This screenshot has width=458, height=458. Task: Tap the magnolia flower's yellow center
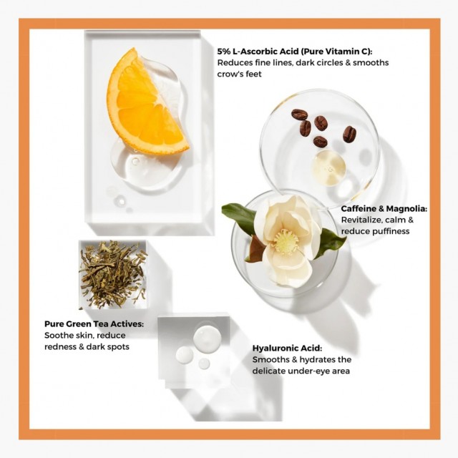[286, 241]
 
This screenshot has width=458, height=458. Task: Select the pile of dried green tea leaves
[113, 274]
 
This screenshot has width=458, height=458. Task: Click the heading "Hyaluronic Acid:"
[287, 349]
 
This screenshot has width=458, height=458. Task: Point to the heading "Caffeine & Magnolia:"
[384, 208]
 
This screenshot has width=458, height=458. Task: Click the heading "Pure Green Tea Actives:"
[94, 324]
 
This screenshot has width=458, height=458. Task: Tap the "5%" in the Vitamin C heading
[224, 52]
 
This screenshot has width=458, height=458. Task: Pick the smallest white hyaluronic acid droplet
[204, 364]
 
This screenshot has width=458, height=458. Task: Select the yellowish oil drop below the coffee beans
[328, 167]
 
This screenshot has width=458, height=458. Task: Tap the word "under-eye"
[311, 371]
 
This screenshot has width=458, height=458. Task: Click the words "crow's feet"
[239, 74]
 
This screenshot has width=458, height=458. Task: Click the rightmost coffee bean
[349, 134]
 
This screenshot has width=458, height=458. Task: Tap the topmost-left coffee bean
[299, 114]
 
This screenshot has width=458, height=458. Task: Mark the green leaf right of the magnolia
[330, 242]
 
